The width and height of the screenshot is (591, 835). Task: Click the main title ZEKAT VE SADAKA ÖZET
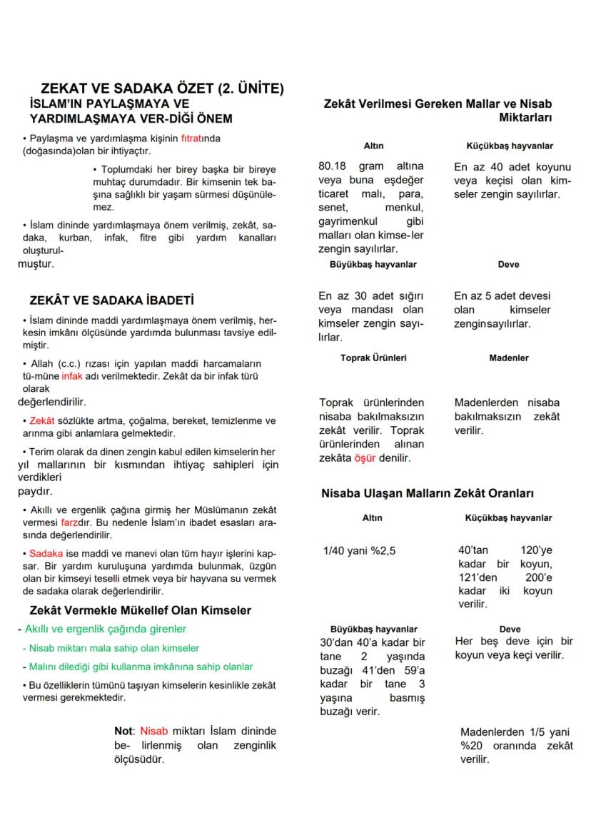pos(163,89)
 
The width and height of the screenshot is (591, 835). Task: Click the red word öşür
pos(364,457)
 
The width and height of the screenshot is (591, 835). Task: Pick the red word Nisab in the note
pos(153,731)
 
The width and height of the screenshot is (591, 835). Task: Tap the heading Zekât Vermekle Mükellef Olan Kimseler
pos(140,611)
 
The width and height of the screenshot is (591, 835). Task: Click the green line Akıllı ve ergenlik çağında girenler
pos(105,629)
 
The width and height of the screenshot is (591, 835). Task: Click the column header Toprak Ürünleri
pos(373,358)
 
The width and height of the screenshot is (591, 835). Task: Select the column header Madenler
pos(509,358)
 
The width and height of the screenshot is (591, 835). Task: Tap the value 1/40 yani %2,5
pos(360,551)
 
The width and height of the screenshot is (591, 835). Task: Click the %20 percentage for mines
pos(472,746)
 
